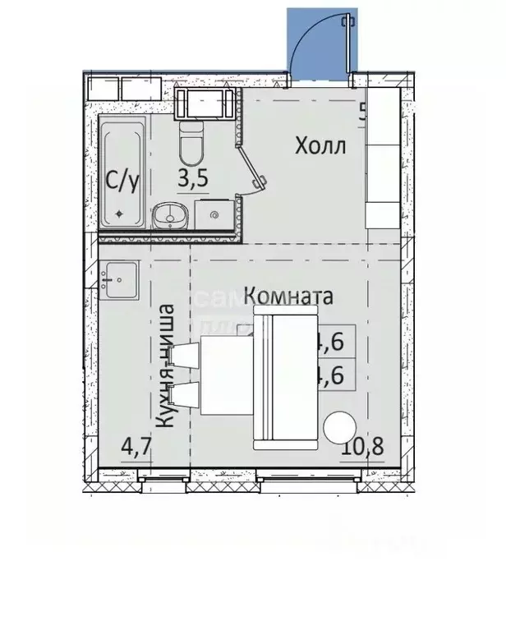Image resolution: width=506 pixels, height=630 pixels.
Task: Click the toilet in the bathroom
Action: (x=191, y=145)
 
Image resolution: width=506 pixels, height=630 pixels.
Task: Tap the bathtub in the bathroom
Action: (x=122, y=172)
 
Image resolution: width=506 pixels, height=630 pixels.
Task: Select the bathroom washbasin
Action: (x=171, y=215)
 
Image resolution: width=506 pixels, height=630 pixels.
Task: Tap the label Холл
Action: (x=321, y=147)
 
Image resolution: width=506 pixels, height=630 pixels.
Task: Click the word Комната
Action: (x=289, y=296)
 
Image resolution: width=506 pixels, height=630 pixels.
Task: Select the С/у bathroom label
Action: (x=122, y=179)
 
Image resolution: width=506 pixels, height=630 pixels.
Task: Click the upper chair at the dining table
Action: (x=186, y=356)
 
